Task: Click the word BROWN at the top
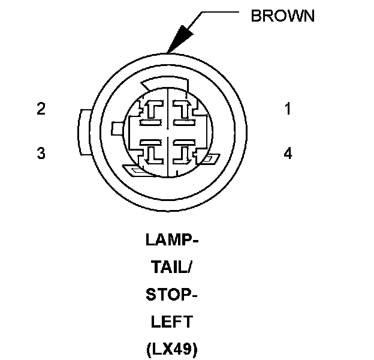pos(282,16)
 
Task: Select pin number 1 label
pos(288,109)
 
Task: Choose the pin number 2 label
pos(41,109)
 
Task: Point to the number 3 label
pos(41,154)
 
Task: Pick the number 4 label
pos(288,154)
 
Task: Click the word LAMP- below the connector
pos(171,241)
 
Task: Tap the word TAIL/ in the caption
pos(171,268)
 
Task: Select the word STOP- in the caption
pos(171,295)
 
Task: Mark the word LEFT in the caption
pos(171,322)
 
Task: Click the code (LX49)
pos(171,349)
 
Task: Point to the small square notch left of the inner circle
pos(117,127)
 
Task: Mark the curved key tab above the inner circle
pos(157,83)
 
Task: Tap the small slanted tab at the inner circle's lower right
pos(210,160)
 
